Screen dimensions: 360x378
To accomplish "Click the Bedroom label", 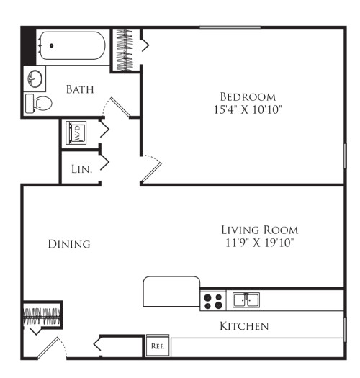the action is tap(248, 97).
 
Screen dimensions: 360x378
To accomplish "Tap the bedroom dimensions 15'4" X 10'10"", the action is tap(248, 109).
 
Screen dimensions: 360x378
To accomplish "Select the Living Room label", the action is tap(260, 230).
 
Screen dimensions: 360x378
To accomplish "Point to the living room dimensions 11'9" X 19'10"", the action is tap(260, 243).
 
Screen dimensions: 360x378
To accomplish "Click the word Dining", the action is tap(69, 244).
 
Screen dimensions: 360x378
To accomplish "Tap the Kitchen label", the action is tap(244, 326).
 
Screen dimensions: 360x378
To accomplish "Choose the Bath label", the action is tap(80, 89).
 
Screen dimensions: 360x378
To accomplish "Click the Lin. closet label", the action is tap(82, 169).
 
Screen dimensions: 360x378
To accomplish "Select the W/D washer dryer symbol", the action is tap(76, 132).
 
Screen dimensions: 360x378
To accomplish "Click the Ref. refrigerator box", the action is tap(158, 346).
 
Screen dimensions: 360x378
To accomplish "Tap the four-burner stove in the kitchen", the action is tap(213, 301).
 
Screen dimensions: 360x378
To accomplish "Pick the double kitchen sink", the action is tap(246, 300).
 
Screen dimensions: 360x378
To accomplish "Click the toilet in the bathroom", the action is tap(39, 103).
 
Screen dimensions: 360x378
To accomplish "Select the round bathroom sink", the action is tap(35, 78).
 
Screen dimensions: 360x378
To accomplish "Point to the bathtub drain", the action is tap(51, 45).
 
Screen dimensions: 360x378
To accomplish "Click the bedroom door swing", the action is tap(151, 168).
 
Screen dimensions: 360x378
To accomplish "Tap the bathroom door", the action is tap(120, 107).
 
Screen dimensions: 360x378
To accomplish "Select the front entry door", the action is tap(48, 348).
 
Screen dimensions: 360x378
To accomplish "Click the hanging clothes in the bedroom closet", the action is tap(125, 50).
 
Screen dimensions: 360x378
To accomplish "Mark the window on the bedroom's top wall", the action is tap(230, 27).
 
